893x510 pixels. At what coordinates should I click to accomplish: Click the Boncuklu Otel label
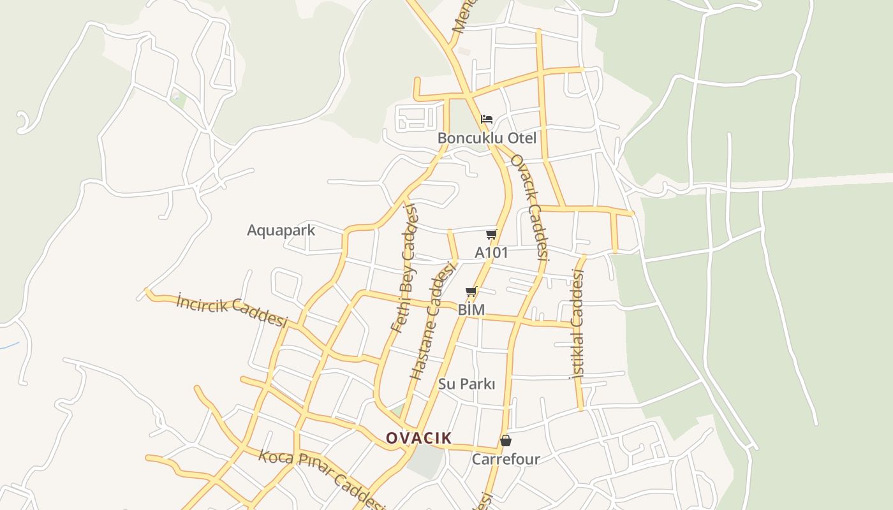click(487, 138)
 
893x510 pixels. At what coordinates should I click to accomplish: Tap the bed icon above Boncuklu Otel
click(487, 119)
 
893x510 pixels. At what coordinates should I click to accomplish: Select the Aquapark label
click(281, 230)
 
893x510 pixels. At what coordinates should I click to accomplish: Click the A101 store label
click(491, 252)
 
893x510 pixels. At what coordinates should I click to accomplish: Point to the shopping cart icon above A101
click(491, 235)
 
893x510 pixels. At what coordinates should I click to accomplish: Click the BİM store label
click(471, 310)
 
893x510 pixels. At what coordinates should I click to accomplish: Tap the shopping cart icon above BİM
click(471, 292)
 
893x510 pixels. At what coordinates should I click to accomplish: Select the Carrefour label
click(506, 459)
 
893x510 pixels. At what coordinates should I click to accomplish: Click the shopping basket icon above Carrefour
click(506, 441)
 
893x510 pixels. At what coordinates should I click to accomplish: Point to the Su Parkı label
click(466, 384)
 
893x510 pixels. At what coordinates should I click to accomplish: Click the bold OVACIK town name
click(418, 438)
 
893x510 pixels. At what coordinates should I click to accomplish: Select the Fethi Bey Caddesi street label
click(404, 268)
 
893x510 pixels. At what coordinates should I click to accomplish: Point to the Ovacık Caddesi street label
click(530, 207)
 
